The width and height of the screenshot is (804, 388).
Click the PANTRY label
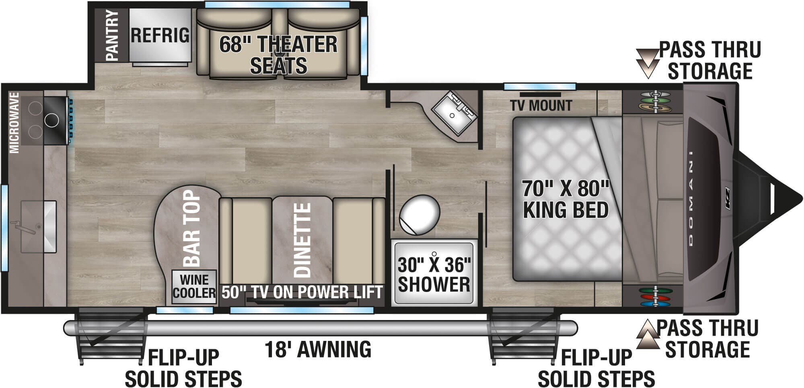(x=112, y=35)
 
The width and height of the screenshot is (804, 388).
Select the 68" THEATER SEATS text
(x=278, y=54)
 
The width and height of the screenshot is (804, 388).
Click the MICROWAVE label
(x=14, y=123)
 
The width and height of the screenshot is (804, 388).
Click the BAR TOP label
(x=192, y=228)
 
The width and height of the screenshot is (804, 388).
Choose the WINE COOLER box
(x=194, y=286)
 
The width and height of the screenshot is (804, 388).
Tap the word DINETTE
(x=302, y=240)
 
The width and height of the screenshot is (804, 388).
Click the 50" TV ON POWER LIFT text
(x=302, y=292)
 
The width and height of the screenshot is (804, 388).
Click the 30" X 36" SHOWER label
(x=434, y=275)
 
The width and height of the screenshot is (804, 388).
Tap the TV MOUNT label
(x=541, y=105)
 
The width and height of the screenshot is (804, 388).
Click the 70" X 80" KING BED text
(x=565, y=199)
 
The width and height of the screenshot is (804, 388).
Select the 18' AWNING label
(x=318, y=349)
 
